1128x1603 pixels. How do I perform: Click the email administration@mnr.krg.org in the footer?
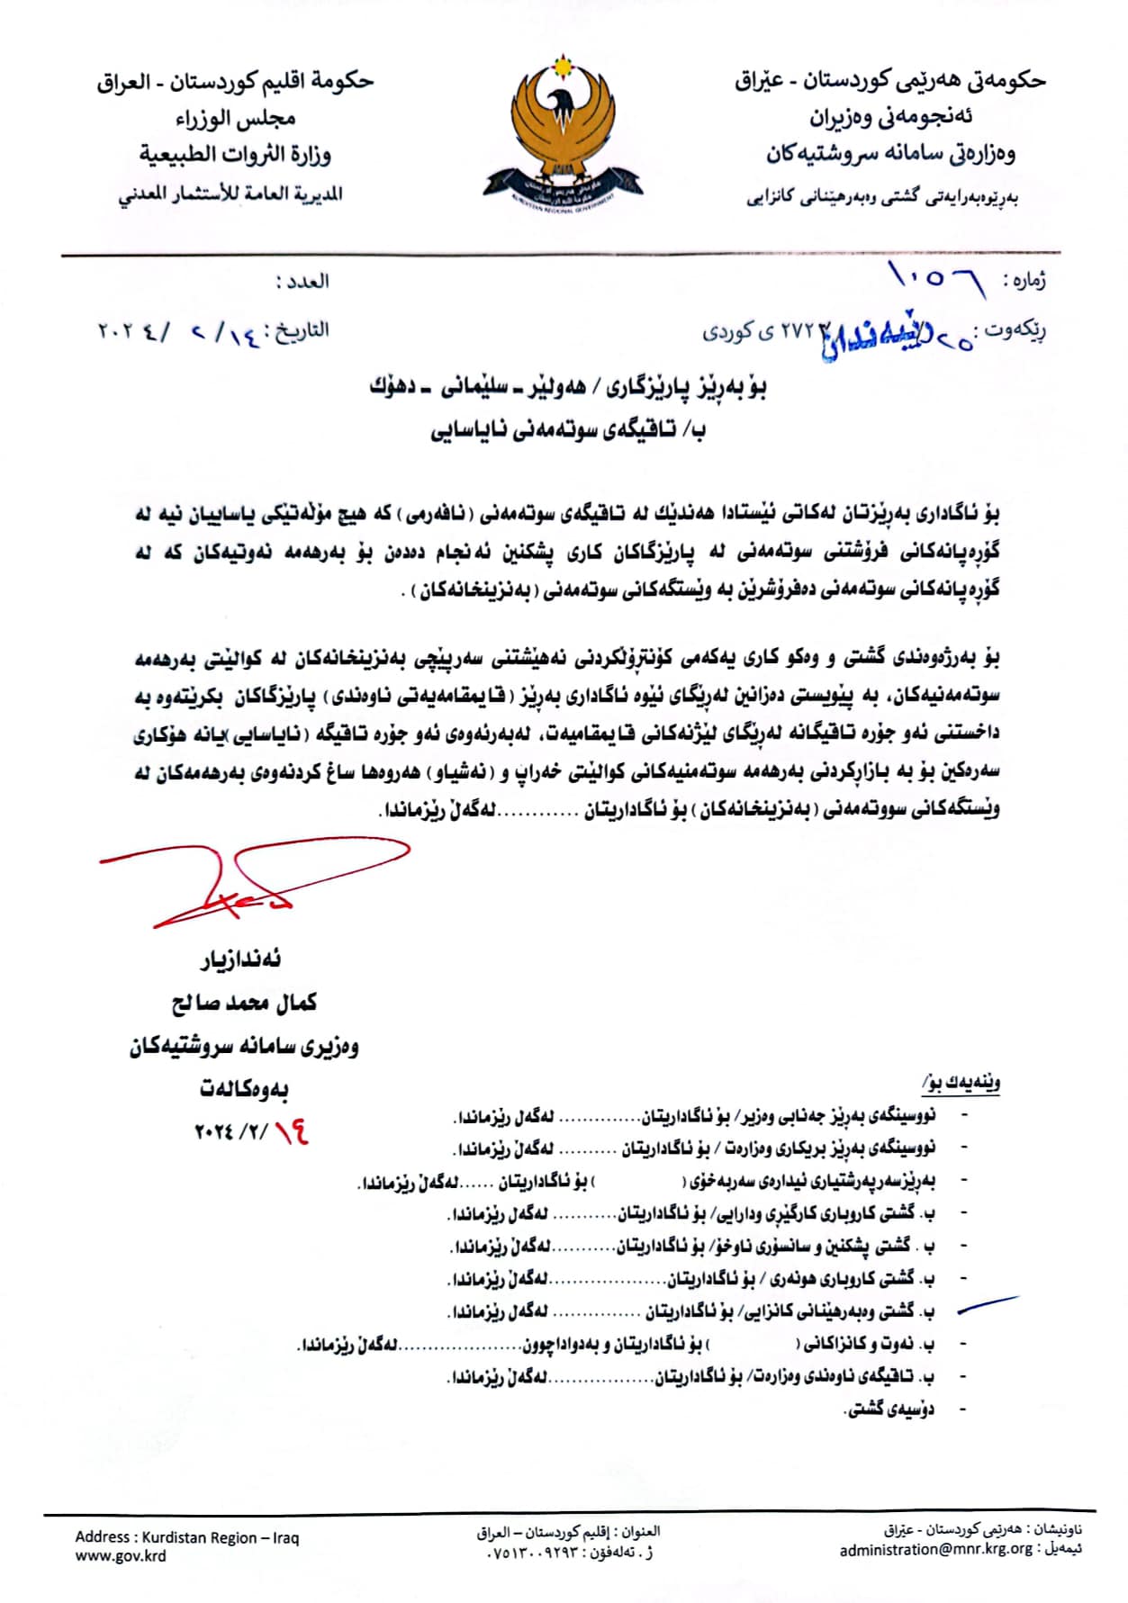(x=936, y=1549)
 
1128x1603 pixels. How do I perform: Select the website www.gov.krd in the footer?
(x=121, y=1555)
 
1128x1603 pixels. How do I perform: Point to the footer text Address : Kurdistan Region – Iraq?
(x=187, y=1536)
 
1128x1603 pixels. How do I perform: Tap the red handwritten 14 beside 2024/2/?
(x=291, y=1131)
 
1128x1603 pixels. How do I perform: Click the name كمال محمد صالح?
(x=244, y=1002)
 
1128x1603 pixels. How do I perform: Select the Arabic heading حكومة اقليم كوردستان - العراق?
(x=236, y=81)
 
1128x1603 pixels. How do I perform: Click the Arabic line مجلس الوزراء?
(x=236, y=118)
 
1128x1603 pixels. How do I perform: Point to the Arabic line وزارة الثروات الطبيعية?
(x=236, y=154)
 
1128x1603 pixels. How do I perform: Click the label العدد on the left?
(x=302, y=281)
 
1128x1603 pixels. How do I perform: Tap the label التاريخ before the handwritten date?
(x=301, y=330)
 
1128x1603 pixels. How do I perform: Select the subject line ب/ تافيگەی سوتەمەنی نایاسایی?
(x=567, y=430)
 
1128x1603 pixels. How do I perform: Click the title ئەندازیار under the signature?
(x=240, y=959)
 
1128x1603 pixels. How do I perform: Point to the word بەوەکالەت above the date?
(x=244, y=1088)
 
